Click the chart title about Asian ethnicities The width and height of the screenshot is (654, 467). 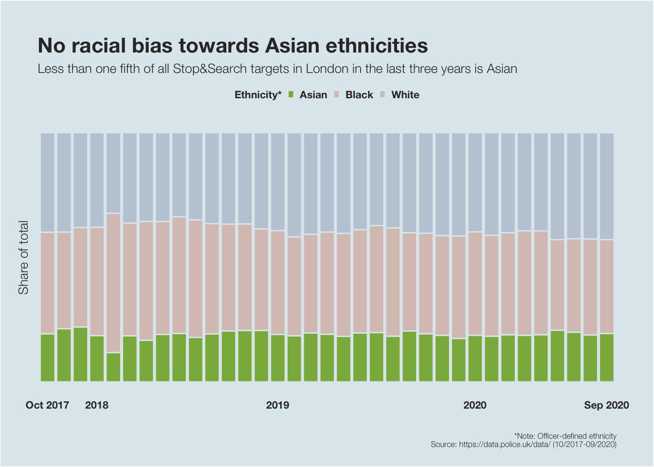(x=233, y=46)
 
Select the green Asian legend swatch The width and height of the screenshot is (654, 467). (x=291, y=94)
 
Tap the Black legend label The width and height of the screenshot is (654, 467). (x=359, y=95)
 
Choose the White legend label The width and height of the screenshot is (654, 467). (x=405, y=95)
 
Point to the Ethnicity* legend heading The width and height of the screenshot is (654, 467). (x=258, y=95)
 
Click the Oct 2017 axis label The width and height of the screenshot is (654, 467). (x=47, y=405)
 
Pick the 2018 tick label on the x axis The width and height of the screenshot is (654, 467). (x=97, y=405)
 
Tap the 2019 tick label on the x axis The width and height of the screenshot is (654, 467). (x=277, y=405)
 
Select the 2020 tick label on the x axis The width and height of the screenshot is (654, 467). (x=474, y=405)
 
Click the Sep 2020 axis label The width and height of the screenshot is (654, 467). (x=606, y=405)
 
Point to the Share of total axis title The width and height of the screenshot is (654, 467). (x=23, y=257)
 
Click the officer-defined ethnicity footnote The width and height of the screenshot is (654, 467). (x=565, y=436)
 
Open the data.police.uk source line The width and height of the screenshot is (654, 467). (x=524, y=444)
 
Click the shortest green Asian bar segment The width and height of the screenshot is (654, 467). (x=113, y=367)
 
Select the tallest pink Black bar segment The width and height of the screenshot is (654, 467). (x=113, y=283)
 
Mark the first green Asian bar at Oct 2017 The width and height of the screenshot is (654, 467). (x=48, y=358)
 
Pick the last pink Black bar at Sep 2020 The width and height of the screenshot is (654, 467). (x=606, y=286)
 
